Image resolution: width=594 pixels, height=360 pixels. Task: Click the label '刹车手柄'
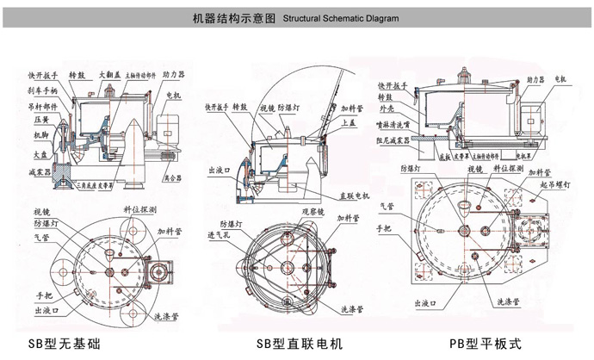pyautogui.click(x=42, y=89)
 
